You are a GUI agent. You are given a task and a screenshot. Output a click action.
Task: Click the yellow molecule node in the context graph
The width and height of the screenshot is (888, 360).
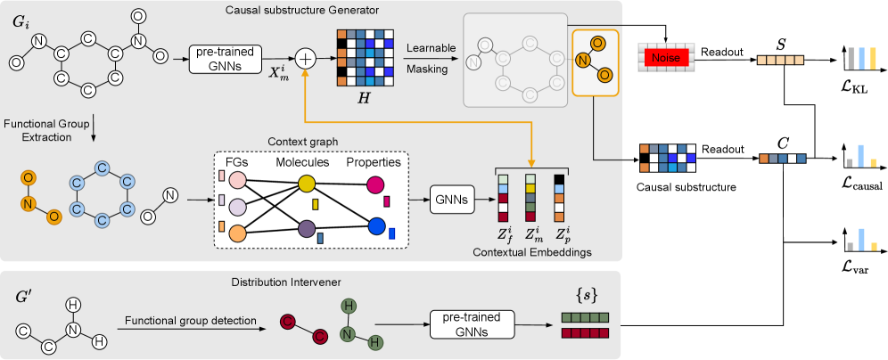pyautogui.click(x=306, y=183)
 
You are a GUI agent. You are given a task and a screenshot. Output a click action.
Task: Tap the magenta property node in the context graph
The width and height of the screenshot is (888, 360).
pyautogui.click(x=374, y=185)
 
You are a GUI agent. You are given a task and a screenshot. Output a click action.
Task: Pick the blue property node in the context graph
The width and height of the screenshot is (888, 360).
pyautogui.click(x=374, y=226)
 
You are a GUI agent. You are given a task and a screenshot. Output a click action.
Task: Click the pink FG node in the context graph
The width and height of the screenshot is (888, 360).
pyautogui.click(x=238, y=180)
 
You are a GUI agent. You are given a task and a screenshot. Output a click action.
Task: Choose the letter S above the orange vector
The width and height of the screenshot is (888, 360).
pyautogui.click(x=781, y=41)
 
